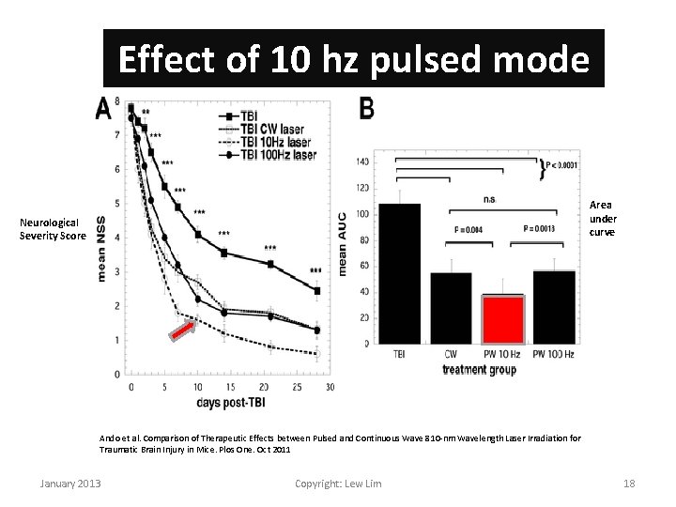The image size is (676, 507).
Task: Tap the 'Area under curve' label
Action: (601, 218)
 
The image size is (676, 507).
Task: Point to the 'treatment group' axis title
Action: (478, 370)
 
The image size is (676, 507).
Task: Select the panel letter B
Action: (366, 110)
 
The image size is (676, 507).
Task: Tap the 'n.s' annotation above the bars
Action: (489, 199)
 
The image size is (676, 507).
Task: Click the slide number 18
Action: (629, 483)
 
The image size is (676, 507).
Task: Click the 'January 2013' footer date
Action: (70, 483)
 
